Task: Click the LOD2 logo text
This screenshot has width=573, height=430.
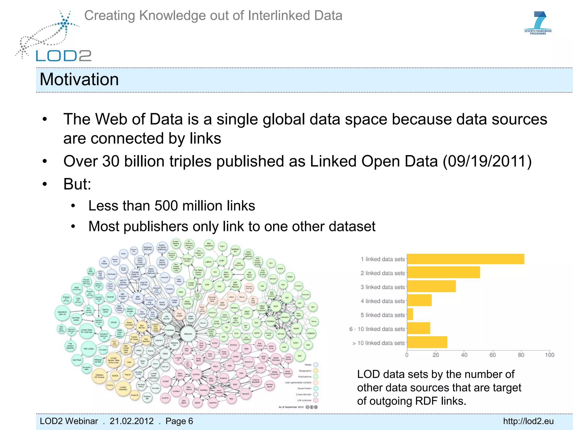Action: tap(64, 56)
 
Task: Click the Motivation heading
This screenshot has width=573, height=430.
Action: tap(79, 80)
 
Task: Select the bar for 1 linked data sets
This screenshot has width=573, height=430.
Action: tap(465, 259)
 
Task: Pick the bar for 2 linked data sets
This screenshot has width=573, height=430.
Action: tap(443, 272)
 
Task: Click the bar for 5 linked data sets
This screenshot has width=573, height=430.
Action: tap(410, 314)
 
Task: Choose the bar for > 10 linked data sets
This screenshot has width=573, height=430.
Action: tap(427, 342)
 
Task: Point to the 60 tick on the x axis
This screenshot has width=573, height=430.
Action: tap(492, 355)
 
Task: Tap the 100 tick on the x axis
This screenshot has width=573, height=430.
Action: tap(549, 355)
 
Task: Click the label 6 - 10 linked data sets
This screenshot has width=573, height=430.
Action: tap(377, 329)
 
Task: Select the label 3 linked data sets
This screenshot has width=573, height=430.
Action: tap(382, 287)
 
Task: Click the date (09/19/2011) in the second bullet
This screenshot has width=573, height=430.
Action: tap(487, 162)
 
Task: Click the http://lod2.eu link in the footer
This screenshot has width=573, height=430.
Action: tap(528, 421)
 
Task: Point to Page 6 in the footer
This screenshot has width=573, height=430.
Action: tap(179, 421)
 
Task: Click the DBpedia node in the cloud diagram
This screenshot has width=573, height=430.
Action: tap(188, 334)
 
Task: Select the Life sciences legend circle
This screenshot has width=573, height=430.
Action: tap(316, 400)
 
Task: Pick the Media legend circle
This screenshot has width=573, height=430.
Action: tap(316, 365)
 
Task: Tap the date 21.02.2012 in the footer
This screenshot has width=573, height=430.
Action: tap(131, 421)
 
